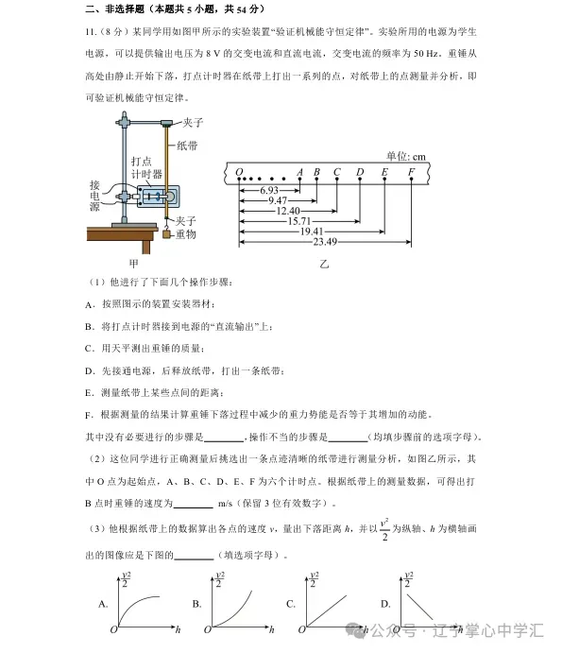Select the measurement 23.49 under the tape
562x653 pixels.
tap(299, 242)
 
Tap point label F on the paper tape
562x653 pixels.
tap(411, 172)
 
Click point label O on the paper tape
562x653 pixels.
tap(239, 172)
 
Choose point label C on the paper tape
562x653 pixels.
tap(337, 172)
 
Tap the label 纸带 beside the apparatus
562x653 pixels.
tap(186, 146)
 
